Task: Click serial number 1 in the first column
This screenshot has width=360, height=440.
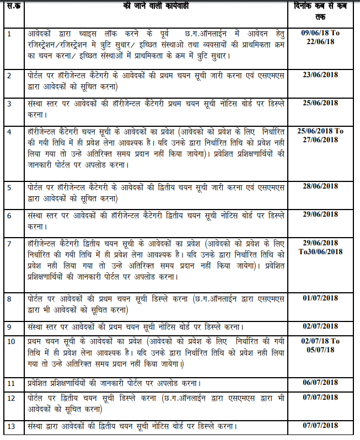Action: (9, 34)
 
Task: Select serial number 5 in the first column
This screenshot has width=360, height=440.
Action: (9, 188)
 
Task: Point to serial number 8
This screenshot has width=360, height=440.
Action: (9, 298)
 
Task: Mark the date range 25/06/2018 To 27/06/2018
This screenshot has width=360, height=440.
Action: (320, 135)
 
